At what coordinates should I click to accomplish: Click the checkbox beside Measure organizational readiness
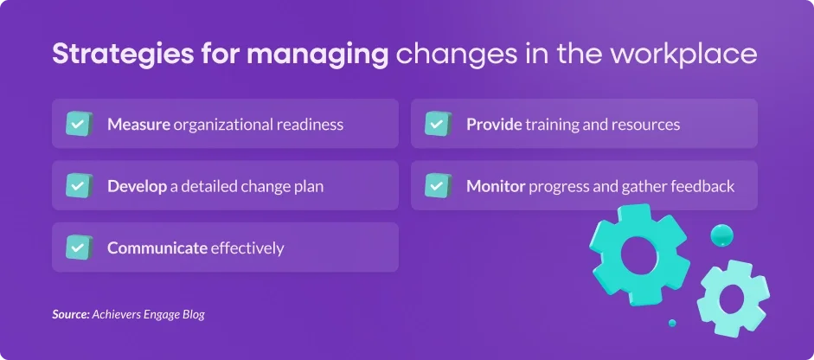click(79, 124)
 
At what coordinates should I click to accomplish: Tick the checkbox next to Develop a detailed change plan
click(79, 185)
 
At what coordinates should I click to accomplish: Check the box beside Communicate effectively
click(79, 247)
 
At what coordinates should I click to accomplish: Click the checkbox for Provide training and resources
click(439, 124)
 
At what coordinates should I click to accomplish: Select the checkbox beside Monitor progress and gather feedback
click(439, 185)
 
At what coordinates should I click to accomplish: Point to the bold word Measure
click(138, 125)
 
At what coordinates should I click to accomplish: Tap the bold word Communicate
click(157, 248)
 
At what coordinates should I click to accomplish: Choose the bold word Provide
click(494, 125)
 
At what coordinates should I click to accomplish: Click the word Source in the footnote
click(71, 314)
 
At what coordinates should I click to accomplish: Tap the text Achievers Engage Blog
click(149, 315)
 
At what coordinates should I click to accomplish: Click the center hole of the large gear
click(638, 254)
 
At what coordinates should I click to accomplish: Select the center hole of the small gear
click(732, 299)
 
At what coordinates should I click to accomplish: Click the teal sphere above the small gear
click(721, 235)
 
